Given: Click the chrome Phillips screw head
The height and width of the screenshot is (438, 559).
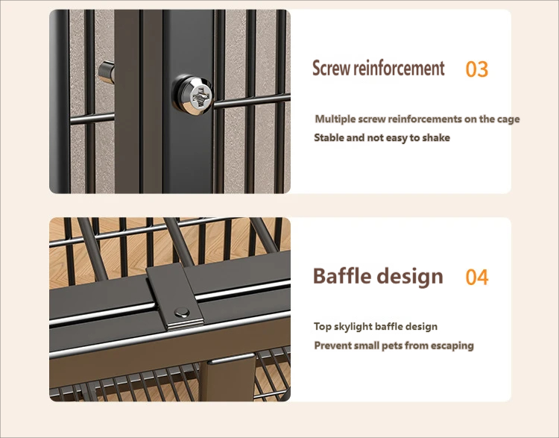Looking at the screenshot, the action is (193, 95).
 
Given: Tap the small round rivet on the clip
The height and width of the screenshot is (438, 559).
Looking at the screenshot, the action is (182, 313).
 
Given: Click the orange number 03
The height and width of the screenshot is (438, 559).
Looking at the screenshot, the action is (477, 69).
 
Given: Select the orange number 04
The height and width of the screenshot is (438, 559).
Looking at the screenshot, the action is (477, 278).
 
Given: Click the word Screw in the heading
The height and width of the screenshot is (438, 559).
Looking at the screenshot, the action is (332, 68).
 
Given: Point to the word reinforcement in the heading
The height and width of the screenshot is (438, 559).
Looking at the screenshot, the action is (399, 68).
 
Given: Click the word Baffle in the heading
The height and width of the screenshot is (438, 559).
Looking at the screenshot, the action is (342, 276).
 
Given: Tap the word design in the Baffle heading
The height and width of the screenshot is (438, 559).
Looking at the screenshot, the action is (410, 278).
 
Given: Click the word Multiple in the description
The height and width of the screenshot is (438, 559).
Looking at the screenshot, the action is (335, 119).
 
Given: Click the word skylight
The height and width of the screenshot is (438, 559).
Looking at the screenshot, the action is (353, 327).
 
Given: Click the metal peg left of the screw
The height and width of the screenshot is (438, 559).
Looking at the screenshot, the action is (107, 72).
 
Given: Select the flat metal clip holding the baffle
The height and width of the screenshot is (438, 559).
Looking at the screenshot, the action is (175, 297).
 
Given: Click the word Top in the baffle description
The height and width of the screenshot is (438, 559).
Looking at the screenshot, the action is (323, 327).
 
